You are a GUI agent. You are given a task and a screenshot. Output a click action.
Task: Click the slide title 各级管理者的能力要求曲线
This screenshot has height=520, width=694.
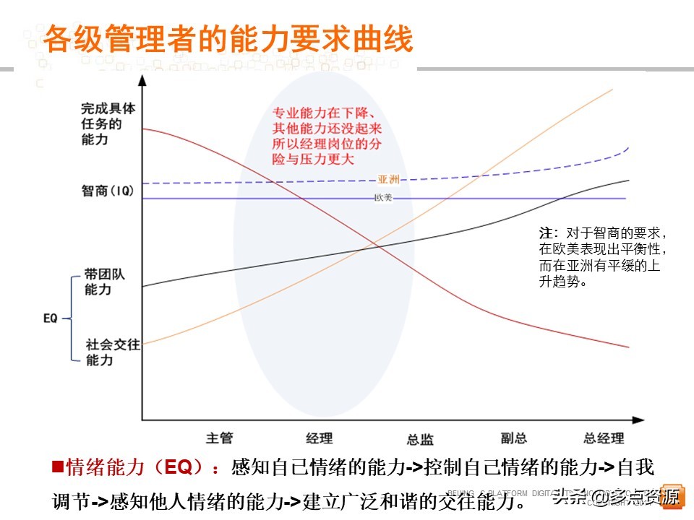(228, 40)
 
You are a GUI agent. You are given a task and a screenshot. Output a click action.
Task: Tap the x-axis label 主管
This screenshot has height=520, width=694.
(219, 438)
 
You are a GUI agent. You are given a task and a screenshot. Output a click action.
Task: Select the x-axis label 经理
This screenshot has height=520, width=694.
(320, 438)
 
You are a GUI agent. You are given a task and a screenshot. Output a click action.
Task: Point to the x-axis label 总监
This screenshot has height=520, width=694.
(420, 439)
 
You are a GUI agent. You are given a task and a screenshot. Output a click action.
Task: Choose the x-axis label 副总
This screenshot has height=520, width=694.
(513, 438)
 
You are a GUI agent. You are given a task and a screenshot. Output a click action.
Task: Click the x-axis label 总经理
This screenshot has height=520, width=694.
(604, 438)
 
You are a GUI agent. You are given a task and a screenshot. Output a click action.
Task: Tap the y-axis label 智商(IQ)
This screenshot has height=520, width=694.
(108, 191)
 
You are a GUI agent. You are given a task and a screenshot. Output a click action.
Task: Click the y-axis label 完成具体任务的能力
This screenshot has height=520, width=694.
(108, 123)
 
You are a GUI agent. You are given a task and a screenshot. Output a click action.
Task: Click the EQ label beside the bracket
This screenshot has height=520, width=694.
(51, 317)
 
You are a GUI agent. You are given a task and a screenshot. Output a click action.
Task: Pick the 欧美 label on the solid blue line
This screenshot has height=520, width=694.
(383, 198)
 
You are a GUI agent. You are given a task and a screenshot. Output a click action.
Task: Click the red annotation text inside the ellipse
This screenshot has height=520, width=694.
(327, 136)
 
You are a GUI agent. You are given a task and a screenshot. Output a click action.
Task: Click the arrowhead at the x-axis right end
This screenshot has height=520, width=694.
(638, 419)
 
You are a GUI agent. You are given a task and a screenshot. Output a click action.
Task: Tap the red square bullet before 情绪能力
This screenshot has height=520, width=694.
(58, 467)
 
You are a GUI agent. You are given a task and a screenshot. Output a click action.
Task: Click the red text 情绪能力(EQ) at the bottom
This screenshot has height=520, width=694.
(137, 467)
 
